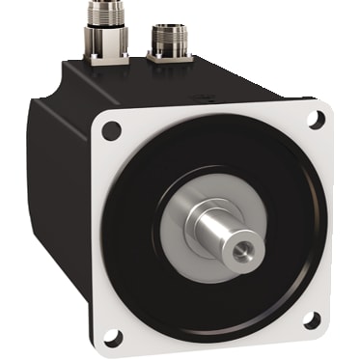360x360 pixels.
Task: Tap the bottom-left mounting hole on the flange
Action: click(113, 337)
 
